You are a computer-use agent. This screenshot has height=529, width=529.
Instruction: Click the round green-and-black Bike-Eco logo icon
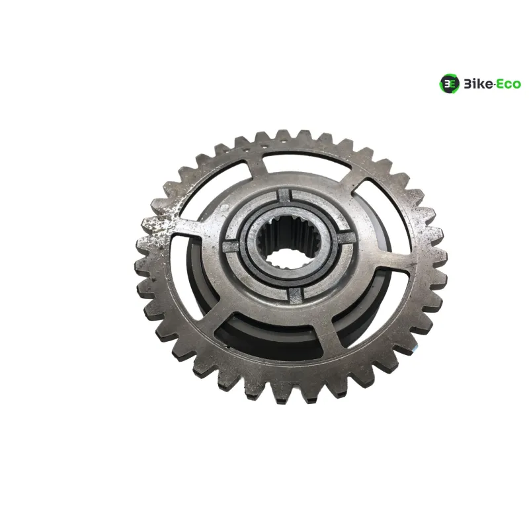[449, 83]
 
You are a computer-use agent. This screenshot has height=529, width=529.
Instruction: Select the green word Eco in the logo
[508, 84]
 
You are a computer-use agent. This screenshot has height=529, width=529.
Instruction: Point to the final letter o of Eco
[516, 85]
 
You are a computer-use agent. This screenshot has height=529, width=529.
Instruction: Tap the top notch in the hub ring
[284, 195]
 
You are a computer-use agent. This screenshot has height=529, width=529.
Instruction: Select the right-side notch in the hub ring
[346, 238]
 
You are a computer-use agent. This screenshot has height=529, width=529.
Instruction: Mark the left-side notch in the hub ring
[233, 245]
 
